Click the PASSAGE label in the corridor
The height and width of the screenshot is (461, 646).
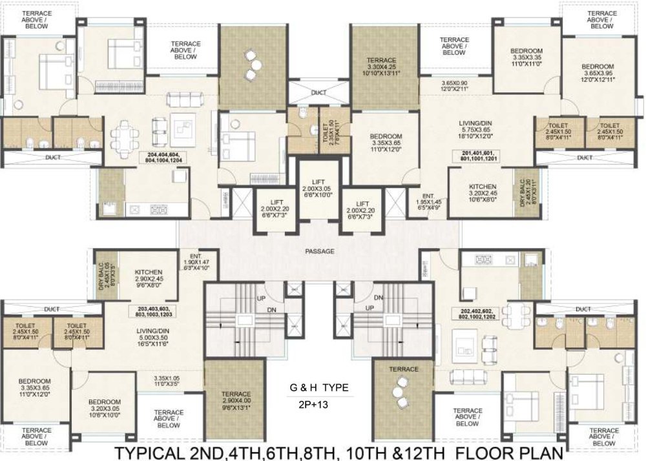click(x=321, y=250)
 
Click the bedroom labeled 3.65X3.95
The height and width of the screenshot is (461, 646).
click(x=597, y=72)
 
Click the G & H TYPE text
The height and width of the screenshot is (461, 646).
click(x=318, y=388)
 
